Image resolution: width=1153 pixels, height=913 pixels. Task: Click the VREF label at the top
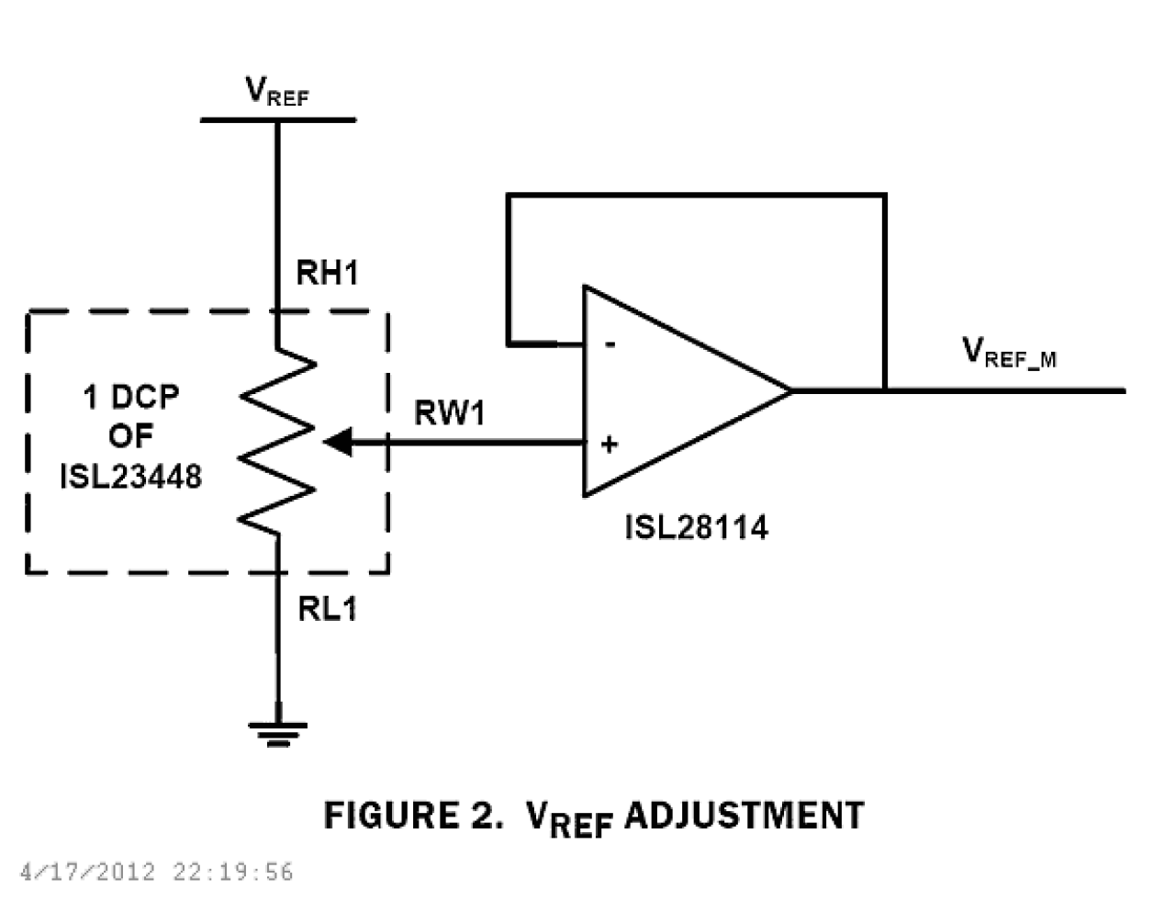click(x=276, y=92)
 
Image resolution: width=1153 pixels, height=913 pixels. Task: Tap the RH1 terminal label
click(x=326, y=273)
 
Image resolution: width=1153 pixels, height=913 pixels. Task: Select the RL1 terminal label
click(x=327, y=608)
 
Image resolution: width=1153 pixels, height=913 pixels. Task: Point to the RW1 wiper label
click(x=449, y=413)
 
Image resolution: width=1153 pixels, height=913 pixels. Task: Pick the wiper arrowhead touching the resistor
click(x=337, y=443)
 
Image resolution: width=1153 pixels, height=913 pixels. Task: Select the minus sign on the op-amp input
click(x=610, y=344)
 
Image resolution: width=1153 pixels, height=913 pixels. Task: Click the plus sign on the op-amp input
click(x=609, y=445)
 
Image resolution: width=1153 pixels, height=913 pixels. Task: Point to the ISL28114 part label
click(x=696, y=527)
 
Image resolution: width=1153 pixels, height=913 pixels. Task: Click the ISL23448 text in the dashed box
click(x=130, y=477)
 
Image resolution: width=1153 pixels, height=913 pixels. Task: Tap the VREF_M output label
click(x=1008, y=353)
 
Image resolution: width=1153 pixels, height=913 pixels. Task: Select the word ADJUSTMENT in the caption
click(x=744, y=816)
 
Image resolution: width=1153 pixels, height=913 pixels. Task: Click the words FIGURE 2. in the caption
click(x=413, y=816)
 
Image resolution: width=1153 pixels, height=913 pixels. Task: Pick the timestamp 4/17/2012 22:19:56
click(x=156, y=872)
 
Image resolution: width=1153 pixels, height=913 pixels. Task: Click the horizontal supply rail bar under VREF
click(x=277, y=120)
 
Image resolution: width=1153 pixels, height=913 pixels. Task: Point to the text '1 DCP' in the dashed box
click(x=130, y=397)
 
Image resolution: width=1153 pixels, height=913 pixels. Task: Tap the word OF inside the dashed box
click(x=130, y=436)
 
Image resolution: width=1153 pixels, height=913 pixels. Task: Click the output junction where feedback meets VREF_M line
click(x=885, y=390)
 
